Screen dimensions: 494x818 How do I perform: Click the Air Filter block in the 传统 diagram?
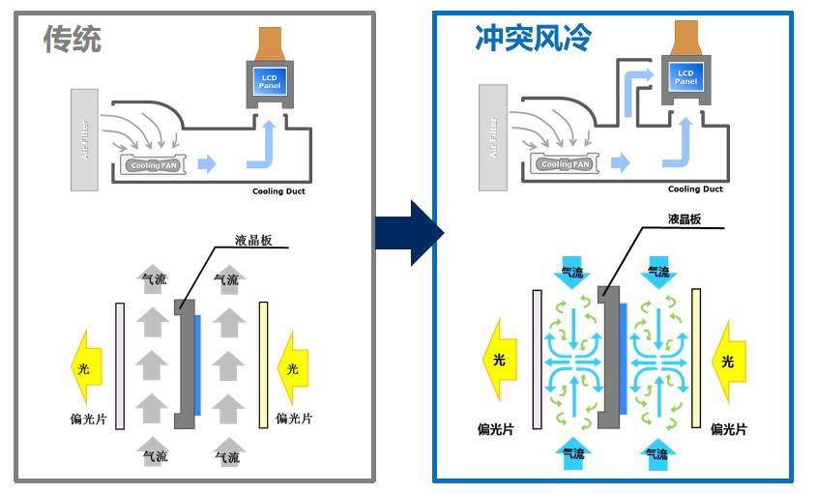pyautogui.click(x=85, y=139)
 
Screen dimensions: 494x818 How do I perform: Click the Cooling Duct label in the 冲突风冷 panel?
pyautogui.click(x=695, y=189)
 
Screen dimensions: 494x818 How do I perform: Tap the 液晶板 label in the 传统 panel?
pyautogui.click(x=253, y=241)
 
